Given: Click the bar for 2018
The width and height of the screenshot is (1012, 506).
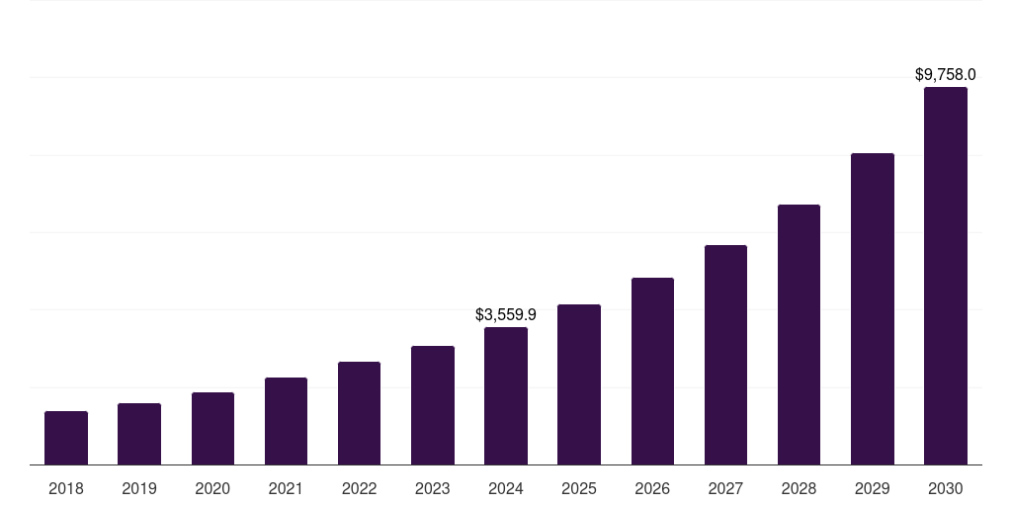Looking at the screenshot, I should tap(66, 438).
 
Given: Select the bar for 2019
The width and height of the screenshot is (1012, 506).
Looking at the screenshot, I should tap(139, 434).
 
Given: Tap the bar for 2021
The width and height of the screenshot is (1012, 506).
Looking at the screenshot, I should tap(286, 421).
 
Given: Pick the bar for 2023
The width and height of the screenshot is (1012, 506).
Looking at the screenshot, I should tap(433, 405).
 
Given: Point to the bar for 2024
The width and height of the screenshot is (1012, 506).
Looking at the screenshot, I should tap(506, 395).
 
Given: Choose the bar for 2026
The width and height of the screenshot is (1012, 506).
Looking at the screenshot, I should tap(652, 371).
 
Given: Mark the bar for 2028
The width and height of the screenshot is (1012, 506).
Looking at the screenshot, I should tap(799, 334).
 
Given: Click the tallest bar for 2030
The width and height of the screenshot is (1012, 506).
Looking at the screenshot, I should tap(946, 276).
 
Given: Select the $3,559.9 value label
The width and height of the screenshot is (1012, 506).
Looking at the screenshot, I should tap(506, 315).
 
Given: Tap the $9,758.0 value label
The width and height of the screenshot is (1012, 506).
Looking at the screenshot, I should tap(946, 75).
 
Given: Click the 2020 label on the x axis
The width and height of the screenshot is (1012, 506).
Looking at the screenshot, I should tap(212, 488).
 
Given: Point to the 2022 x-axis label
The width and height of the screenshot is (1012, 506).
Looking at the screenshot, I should tap(359, 488).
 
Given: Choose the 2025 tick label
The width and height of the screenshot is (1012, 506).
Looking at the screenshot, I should tap(579, 488).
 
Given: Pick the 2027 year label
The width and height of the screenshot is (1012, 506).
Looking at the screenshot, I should tap(725, 488).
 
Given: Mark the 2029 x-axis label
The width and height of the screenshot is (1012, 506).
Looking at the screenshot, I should tap(872, 488).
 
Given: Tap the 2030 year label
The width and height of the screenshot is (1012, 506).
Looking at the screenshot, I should tap(946, 488).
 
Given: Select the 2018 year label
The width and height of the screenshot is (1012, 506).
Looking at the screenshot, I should tap(66, 488).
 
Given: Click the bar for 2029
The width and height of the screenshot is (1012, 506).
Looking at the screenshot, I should tap(872, 308).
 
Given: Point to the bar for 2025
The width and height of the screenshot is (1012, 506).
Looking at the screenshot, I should tap(579, 384).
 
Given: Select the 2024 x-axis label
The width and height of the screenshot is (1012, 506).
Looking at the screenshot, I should tap(506, 488).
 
